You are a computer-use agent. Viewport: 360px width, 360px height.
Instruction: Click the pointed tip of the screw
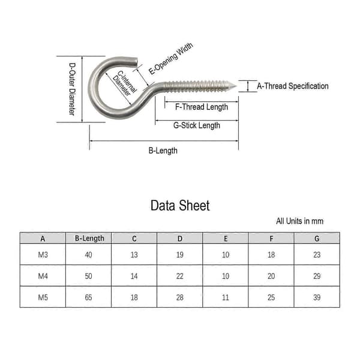pyautogui.click(x=236, y=86)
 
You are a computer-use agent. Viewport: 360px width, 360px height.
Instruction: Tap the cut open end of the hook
pyautogui.click(x=136, y=62)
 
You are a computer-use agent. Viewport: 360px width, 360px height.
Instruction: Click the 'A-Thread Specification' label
pyautogui.click(x=293, y=86)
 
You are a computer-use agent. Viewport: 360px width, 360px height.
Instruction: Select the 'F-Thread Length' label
pyautogui.click(x=202, y=107)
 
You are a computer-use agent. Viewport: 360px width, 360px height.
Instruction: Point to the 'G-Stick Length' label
pyautogui.click(x=197, y=125)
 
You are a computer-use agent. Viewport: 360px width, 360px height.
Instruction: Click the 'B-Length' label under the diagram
pyautogui.click(x=163, y=151)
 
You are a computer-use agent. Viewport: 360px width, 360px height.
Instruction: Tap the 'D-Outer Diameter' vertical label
pyautogui.click(x=72, y=89)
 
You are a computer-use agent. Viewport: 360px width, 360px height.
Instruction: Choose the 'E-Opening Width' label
pyautogui.click(x=171, y=59)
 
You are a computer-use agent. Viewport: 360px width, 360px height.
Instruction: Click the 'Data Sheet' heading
pyautogui.click(x=180, y=205)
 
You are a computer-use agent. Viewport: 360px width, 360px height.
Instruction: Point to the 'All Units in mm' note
pyautogui.click(x=299, y=221)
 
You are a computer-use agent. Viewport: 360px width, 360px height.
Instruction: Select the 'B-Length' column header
pyautogui.click(x=89, y=238)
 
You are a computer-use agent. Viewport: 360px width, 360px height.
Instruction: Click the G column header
pyautogui.click(x=317, y=239)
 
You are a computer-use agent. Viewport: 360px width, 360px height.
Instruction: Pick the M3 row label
pyautogui.click(x=43, y=254)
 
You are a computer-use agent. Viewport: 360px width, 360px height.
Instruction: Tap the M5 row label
pyautogui.click(x=43, y=298)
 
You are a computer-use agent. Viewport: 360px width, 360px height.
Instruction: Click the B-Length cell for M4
pyautogui.click(x=88, y=276)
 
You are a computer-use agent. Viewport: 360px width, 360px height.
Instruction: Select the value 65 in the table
pyautogui.click(x=88, y=298)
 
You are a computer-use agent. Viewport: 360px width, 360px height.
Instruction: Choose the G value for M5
pyautogui.click(x=317, y=298)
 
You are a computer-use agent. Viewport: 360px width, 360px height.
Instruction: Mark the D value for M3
pyautogui.click(x=180, y=254)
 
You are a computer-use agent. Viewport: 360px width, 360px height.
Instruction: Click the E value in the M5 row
pyautogui.click(x=226, y=298)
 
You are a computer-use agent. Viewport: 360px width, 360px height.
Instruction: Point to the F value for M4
pyautogui.click(x=271, y=276)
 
